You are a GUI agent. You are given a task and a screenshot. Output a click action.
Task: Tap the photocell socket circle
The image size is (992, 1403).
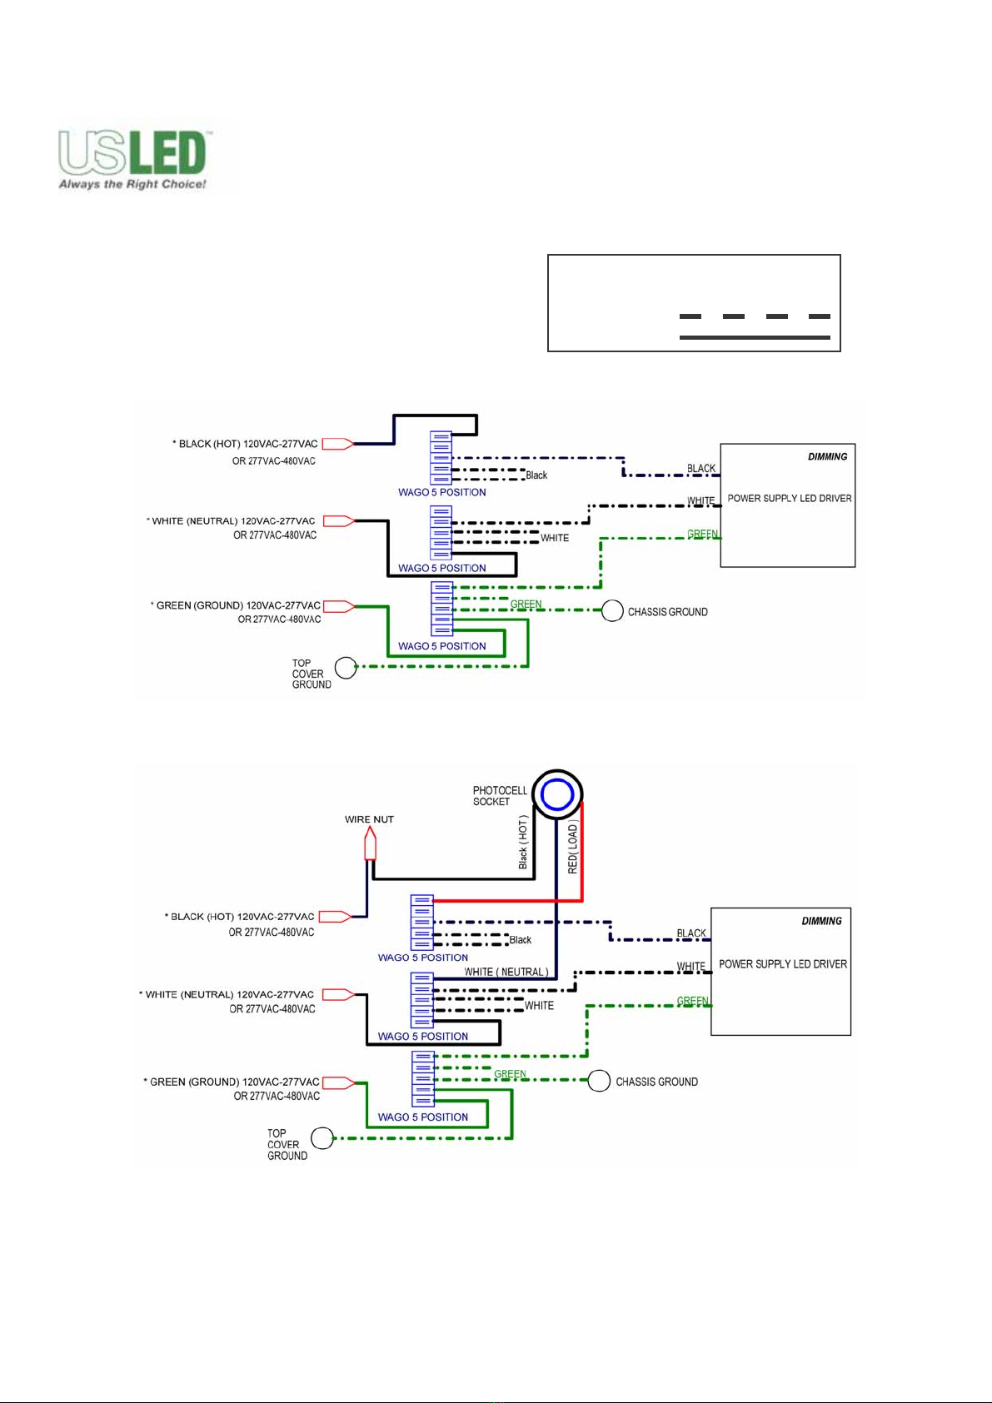(x=557, y=794)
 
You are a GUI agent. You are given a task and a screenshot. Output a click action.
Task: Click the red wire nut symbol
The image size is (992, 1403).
(x=370, y=848)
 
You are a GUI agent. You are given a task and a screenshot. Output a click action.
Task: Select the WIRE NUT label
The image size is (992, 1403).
(x=369, y=819)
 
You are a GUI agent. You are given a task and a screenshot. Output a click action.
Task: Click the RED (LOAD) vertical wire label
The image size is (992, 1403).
(x=573, y=848)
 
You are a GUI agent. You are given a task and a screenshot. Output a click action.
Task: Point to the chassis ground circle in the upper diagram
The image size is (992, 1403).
(x=612, y=611)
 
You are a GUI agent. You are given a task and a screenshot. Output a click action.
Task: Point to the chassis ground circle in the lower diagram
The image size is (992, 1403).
(x=599, y=1082)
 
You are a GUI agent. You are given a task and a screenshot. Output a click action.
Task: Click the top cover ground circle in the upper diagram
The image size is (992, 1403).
(x=346, y=668)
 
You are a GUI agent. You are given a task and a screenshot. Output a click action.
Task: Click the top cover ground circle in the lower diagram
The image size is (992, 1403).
(x=322, y=1138)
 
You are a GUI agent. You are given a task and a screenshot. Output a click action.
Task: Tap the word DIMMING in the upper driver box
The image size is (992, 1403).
(x=827, y=456)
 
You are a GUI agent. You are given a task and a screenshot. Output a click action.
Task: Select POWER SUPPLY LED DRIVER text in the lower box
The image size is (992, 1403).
(x=783, y=964)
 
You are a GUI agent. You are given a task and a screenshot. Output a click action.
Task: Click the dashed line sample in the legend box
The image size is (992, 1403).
(x=755, y=316)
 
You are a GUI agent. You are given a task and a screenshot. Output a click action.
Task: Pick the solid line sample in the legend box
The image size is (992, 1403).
(x=755, y=337)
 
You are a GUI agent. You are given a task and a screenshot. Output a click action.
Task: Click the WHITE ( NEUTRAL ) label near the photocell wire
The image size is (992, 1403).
(x=506, y=972)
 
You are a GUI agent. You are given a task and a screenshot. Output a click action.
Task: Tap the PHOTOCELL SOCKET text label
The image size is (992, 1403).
(x=500, y=796)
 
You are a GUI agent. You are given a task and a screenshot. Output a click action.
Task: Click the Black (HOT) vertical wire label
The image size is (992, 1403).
(x=523, y=843)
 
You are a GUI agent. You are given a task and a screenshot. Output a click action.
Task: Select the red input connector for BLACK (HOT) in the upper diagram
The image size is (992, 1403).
(x=337, y=444)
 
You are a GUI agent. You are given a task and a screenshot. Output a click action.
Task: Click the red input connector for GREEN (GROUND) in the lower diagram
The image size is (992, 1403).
(x=338, y=1082)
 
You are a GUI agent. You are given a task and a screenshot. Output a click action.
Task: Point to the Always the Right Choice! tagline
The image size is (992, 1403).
(x=132, y=184)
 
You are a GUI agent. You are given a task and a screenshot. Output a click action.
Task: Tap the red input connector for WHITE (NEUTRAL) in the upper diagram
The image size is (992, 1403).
(x=338, y=521)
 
